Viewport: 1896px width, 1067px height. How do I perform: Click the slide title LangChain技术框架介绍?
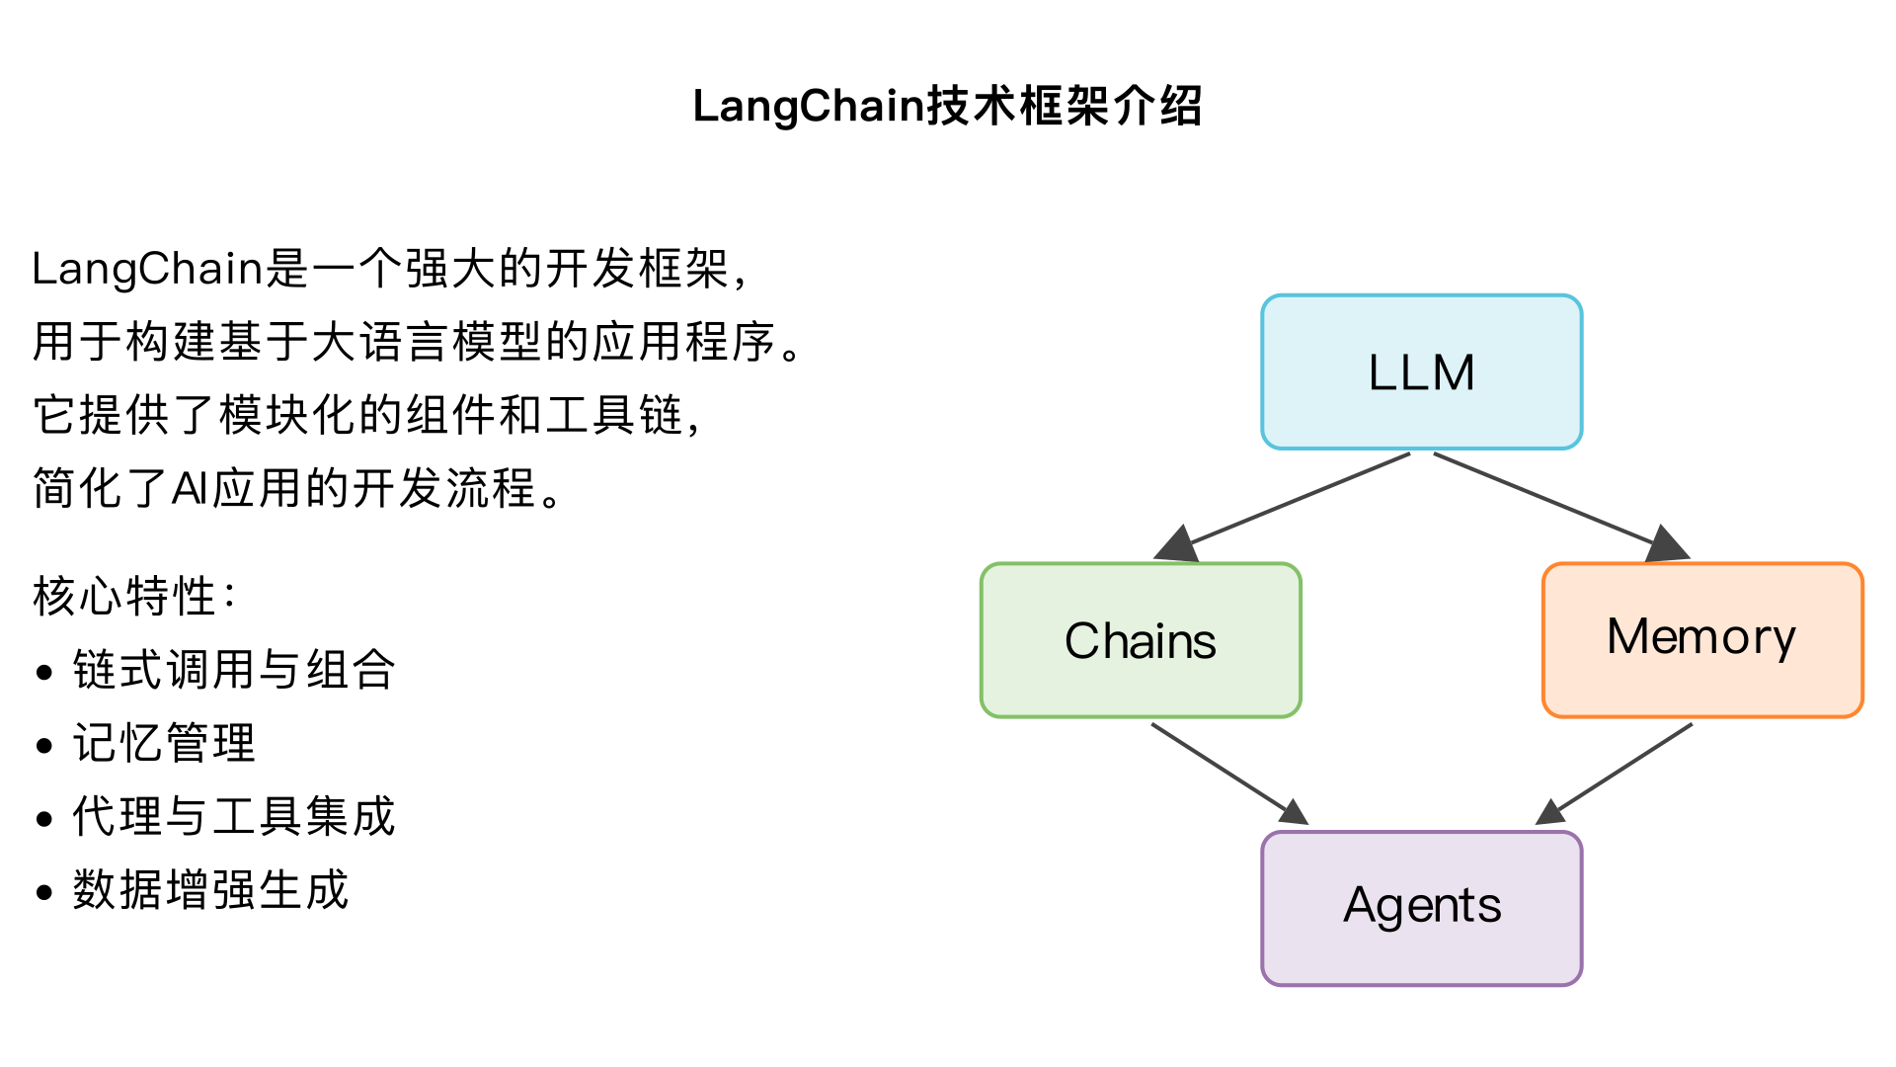(x=947, y=106)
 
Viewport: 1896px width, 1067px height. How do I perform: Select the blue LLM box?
(x=1421, y=372)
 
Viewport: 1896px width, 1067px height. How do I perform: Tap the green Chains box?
(x=1141, y=640)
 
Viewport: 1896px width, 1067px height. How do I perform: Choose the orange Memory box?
(x=1701, y=638)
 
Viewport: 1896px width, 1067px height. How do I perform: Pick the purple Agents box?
(x=1421, y=907)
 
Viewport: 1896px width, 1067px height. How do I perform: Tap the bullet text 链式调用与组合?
(x=234, y=670)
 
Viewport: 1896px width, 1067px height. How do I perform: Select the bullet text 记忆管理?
(x=164, y=743)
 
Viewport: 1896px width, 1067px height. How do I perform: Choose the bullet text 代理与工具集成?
(x=234, y=817)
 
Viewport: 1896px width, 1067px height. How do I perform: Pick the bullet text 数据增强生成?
(x=210, y=890)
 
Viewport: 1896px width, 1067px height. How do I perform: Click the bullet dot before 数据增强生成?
(x=43, y=893)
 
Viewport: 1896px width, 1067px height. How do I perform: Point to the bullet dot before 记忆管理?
(x=43, y=746)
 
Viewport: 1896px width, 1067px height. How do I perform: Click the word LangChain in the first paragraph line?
(x=148, y=269)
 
